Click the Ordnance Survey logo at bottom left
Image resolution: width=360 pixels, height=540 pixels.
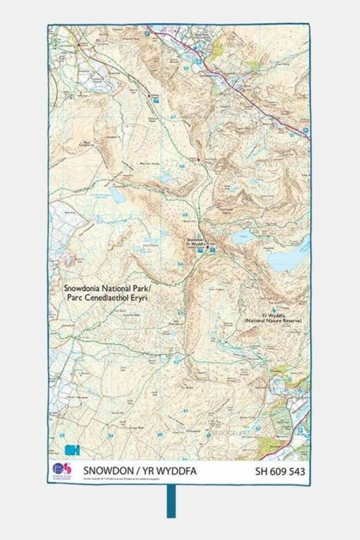click(61, 472)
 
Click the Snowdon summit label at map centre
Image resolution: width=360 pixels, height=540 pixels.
click(198, 241)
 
